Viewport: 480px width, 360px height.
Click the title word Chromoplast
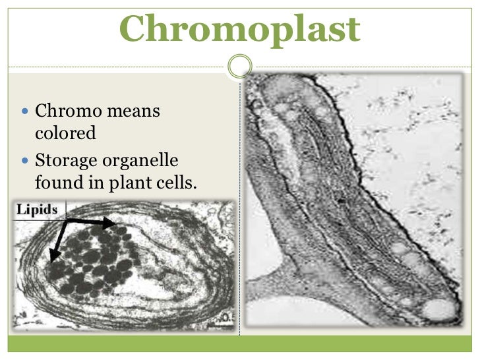coord(240,29)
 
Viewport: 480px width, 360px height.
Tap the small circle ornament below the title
coord(240,66)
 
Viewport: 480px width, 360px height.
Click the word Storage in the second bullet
coord(67,160)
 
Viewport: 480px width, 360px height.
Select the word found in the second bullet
coord(57,182)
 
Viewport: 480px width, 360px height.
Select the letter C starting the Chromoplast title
coord(134,29)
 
